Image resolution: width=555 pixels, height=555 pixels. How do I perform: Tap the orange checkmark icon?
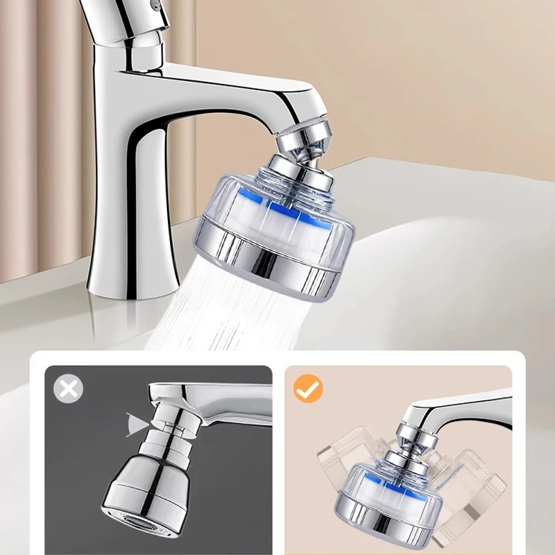pos(308,388)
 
